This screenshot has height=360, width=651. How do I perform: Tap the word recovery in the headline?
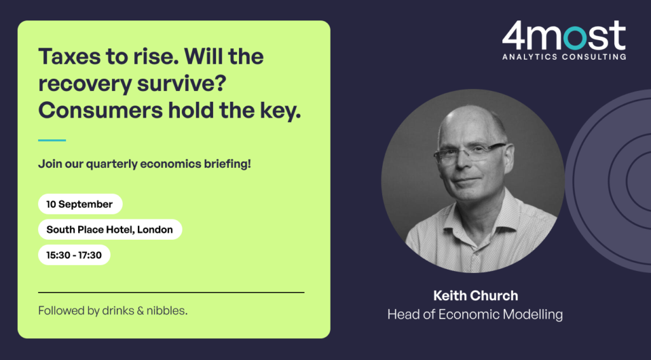pyautogui.click(x=85, y=83)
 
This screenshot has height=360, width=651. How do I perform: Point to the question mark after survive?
pyautogui.click(x=221, y=82)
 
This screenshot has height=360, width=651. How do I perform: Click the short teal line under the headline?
pyautogui.click(x=52, y=141)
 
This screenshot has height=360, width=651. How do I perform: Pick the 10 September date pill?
pyautogui.click(x=80, y=204)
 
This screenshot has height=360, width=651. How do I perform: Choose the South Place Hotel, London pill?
pyautogui.click(x=110, y=229)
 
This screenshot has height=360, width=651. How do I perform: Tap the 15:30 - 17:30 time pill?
pyautogui.click(x=74, y=254)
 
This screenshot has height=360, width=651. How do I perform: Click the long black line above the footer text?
pyautogui.click(x=171, y=293)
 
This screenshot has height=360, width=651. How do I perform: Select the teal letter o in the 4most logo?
pyautogui.click(x=575, y=38)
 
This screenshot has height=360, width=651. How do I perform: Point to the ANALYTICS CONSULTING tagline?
pyautogui.click(x=565, y=57)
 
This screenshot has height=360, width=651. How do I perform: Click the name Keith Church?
pyautogui.click(x=476, y=296)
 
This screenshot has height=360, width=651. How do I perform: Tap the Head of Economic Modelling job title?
pyautogui.click(x=475, y=314)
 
